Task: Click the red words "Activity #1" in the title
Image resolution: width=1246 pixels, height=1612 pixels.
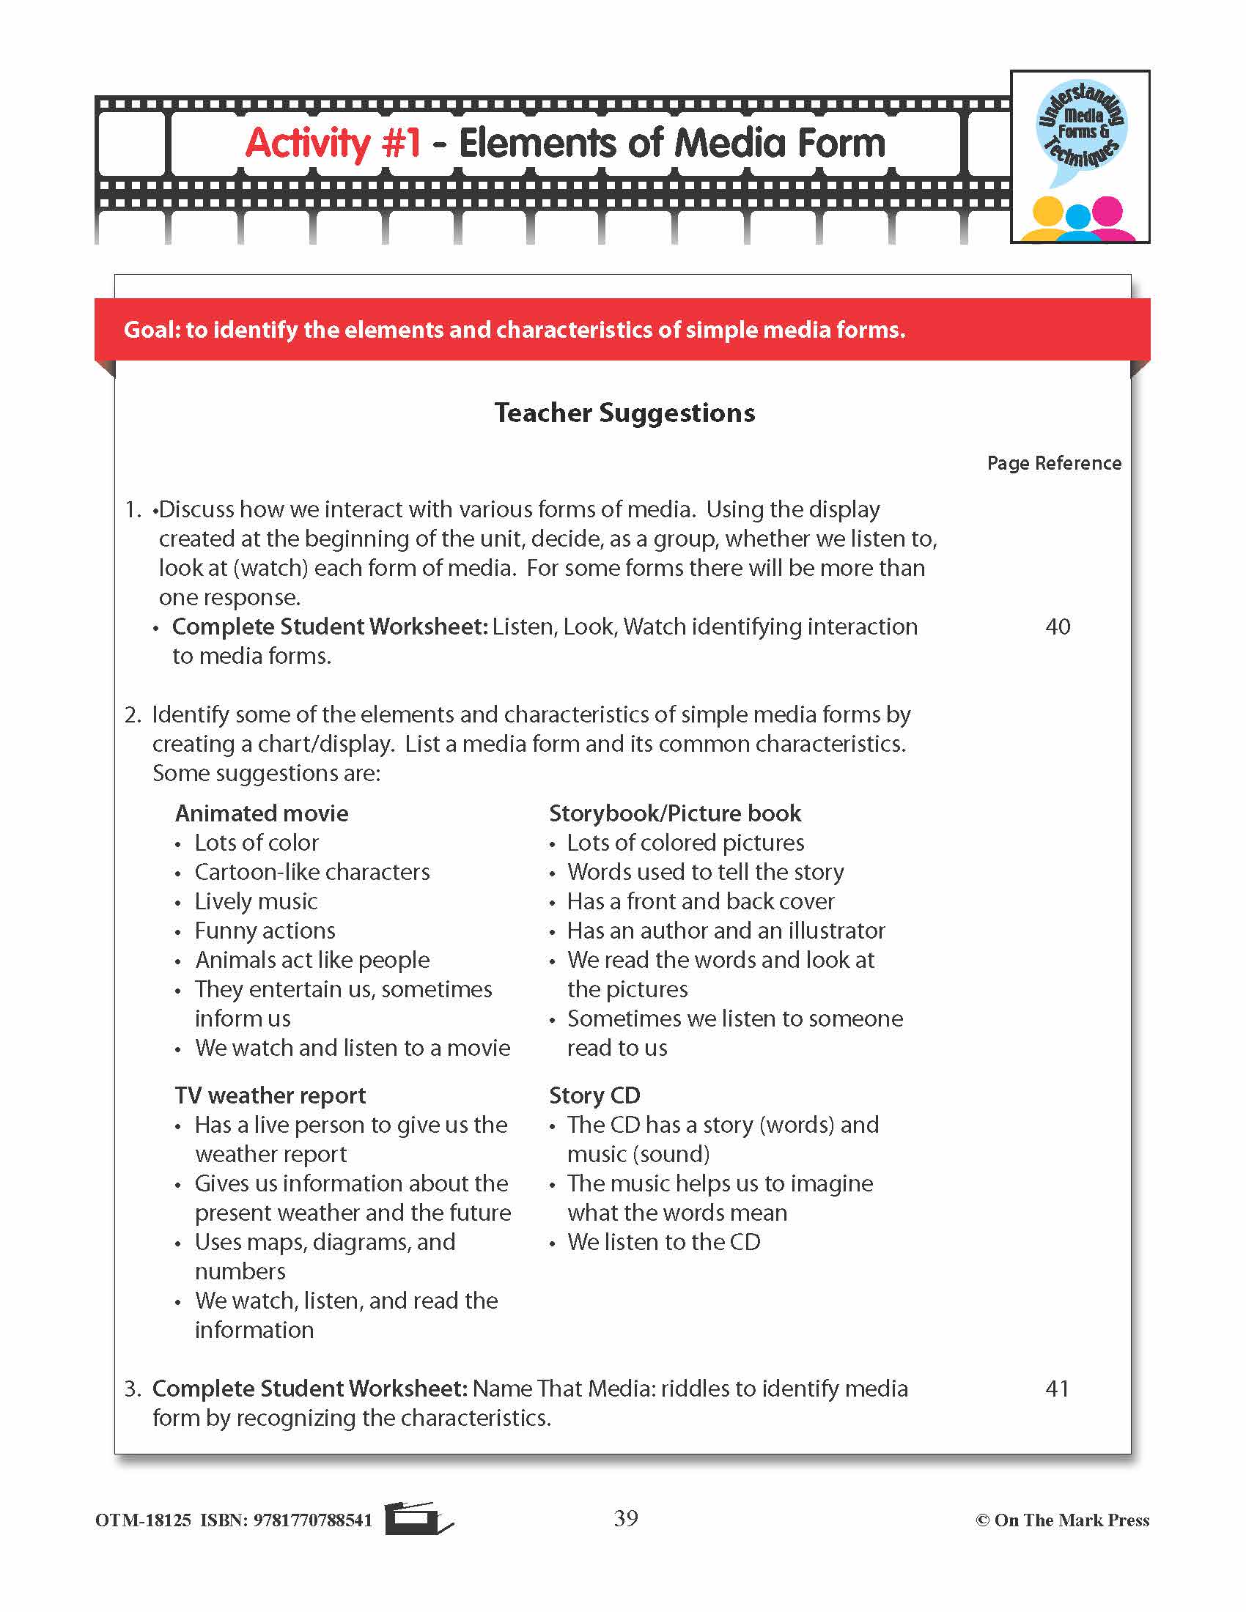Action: pos(332,142)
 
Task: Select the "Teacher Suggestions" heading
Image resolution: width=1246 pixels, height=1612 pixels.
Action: pos(624,413)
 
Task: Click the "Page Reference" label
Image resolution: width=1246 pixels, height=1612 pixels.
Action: pos(1053,463)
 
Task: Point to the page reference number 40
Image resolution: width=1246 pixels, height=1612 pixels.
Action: pos(1057,626)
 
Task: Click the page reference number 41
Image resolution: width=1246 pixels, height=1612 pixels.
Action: pos(1057,1389)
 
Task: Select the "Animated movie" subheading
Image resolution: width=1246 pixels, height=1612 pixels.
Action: pos(262,813)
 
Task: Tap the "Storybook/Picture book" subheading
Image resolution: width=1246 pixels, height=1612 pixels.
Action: pos(674,813)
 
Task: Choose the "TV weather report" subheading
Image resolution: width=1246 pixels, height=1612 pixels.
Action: pos(270,1095)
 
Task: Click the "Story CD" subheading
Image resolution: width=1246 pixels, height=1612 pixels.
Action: pos(594,1095)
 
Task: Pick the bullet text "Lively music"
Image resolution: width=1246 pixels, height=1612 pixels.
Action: pos(255,901)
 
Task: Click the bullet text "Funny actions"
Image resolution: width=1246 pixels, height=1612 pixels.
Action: pos(265,931)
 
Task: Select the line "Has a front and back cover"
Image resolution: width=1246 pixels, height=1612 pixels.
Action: pos(701,901)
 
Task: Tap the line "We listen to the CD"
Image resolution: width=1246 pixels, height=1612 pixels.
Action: pos(663,1242)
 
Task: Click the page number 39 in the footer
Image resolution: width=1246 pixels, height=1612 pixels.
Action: pos(625,1518)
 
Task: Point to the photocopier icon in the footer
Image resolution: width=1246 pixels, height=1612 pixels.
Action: pos(417,1518)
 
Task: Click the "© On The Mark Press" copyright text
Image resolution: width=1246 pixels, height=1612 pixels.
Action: pos(1062,1520)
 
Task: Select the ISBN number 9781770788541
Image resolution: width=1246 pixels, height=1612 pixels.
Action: pos(312,1520)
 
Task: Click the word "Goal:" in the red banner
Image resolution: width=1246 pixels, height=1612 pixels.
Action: pos(151,329)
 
